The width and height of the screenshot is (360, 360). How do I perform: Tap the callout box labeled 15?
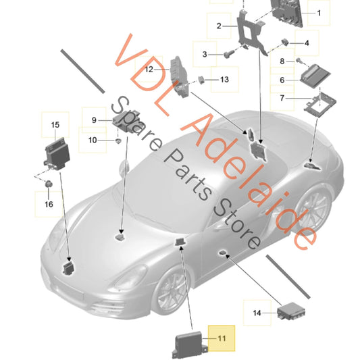click(55, 124)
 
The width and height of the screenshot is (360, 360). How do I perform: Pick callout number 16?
click(48, 203)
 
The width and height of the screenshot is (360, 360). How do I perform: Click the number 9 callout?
click(95, 120)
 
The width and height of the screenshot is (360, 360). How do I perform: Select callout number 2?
click(219, 26)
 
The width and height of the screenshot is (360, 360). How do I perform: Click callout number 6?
click(283, 79)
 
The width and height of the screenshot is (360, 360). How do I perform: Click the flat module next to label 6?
click(315, 74)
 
